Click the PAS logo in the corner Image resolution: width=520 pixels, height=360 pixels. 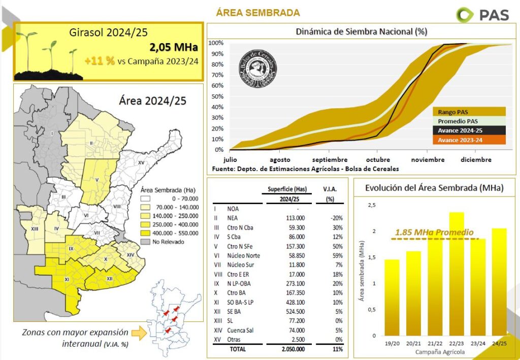482,14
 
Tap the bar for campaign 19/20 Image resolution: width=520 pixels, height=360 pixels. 392,297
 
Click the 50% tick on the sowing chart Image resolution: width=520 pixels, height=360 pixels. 217,96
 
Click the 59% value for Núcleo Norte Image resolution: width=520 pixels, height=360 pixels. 335,255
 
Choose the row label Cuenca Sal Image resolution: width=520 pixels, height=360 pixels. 241,330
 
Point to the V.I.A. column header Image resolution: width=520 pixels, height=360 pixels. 330,189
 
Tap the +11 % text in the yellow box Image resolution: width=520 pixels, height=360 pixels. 100,61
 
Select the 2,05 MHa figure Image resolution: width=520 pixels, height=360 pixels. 173,48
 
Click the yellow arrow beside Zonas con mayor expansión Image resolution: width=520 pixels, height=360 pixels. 136,333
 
